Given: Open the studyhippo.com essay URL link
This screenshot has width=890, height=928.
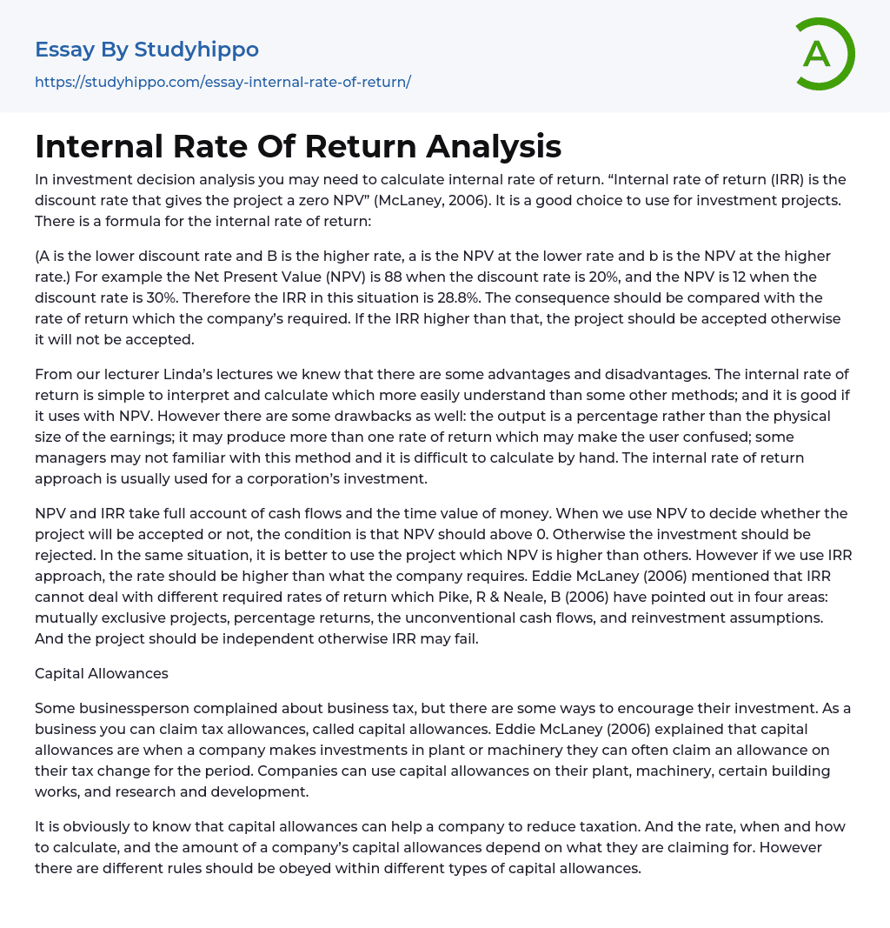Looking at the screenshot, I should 222,82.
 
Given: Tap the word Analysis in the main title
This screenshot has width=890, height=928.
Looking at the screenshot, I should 494,146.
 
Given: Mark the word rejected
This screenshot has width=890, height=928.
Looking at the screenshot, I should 64,555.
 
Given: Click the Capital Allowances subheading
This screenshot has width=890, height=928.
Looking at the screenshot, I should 102,673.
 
